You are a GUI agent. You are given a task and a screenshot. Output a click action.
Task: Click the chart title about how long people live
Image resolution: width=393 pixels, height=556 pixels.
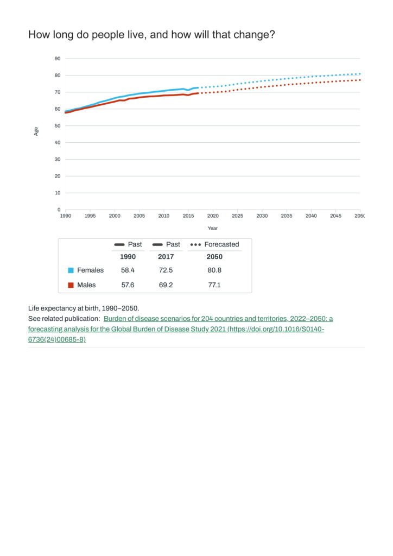151,35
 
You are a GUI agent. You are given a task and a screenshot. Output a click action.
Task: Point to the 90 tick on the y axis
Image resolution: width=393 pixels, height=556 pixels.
58,59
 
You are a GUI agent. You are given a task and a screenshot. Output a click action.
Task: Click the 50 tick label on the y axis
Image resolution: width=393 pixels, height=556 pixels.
58,126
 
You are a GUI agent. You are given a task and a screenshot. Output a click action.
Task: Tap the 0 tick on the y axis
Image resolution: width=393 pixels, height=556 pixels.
59,210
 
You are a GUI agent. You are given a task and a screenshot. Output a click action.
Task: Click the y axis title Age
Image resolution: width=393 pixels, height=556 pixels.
36,131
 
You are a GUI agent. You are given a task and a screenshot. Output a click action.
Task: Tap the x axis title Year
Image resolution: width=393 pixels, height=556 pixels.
212,228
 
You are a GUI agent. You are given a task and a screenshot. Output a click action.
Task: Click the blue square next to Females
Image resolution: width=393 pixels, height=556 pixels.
71,270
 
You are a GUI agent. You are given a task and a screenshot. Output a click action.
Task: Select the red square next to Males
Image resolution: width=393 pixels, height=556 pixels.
71,285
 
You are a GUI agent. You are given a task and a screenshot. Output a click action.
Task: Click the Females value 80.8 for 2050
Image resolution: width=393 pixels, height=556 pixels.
214,270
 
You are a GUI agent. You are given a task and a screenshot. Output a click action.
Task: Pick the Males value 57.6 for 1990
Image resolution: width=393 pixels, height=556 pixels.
128,285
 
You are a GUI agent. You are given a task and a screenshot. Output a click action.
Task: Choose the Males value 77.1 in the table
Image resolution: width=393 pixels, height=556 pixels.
214,285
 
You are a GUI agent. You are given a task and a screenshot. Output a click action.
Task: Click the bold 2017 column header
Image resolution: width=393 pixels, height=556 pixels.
166,257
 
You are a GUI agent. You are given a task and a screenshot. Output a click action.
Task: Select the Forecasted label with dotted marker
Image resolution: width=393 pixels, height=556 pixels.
221,244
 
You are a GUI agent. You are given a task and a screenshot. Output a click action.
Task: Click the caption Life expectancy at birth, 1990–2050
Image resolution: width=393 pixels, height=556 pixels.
83,308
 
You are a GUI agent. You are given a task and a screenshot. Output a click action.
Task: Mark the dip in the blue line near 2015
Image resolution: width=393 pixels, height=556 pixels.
188,90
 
